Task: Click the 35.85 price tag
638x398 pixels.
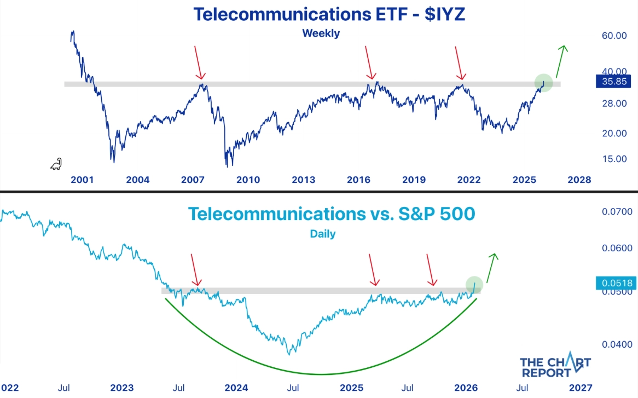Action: tap(613, 82)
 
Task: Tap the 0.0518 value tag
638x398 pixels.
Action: tap(613, 283)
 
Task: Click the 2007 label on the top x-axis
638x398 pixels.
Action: tap(193, 180)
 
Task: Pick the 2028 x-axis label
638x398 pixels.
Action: tap(579, 180)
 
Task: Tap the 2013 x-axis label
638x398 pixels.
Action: tap(304, 180)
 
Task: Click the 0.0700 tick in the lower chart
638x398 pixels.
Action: tap(617, 212)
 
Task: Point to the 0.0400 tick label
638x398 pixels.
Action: tap(617, 344)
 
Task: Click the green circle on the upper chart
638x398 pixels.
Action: tap(544, 83)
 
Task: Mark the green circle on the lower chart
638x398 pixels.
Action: tap(474, 284)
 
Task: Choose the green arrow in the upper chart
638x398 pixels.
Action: tap(560, 61)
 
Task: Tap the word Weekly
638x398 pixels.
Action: tap(321, 33)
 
